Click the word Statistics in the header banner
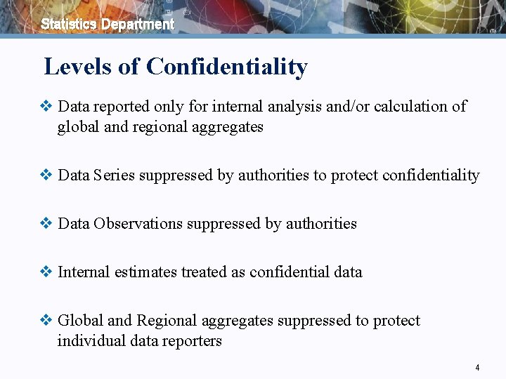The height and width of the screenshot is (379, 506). [69, 24]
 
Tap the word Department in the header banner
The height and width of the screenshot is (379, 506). [138, 25]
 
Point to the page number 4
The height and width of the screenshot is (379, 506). [477, 368]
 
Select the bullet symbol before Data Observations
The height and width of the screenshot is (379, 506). [46, 224]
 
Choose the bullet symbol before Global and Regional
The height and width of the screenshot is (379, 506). [46, 321]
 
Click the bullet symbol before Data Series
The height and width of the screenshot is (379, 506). [46, 175]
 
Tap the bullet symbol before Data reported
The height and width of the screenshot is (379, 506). [46, 107]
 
